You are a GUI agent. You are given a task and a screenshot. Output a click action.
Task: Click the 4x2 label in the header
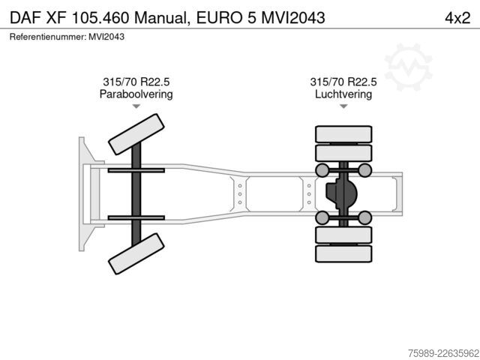point(457,18)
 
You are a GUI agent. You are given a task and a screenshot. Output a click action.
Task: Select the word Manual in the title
point(160,18)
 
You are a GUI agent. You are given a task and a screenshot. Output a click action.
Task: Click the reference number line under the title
point(67,37)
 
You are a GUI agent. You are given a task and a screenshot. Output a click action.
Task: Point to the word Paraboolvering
point(136,94)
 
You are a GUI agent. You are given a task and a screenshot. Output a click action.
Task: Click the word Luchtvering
point(343,94)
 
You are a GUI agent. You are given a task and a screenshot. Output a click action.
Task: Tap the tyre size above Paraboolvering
point(136,82)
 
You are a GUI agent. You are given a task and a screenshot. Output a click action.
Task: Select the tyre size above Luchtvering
point(343,82)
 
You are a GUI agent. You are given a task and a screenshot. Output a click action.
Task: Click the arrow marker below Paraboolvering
point(136,106)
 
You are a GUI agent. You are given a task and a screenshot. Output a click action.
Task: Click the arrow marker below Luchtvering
point(343,106)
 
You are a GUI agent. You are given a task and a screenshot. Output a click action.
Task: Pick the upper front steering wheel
point(136,134)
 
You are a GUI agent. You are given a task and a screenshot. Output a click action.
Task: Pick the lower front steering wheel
point(136,253)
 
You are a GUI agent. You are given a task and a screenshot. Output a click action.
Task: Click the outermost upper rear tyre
point(343,134)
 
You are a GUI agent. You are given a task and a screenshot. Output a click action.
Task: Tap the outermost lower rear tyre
point(343,253)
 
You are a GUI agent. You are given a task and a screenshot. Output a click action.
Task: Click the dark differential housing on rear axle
point(341,193)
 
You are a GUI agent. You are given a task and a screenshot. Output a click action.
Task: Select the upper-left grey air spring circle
point(322,170)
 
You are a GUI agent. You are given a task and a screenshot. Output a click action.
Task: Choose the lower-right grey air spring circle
point(365,217)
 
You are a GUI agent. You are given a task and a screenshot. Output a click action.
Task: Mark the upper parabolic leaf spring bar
point(136,170)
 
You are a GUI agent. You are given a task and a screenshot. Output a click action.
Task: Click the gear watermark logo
point(408,67)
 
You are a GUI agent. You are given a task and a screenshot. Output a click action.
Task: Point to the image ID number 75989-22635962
point(443,353)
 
